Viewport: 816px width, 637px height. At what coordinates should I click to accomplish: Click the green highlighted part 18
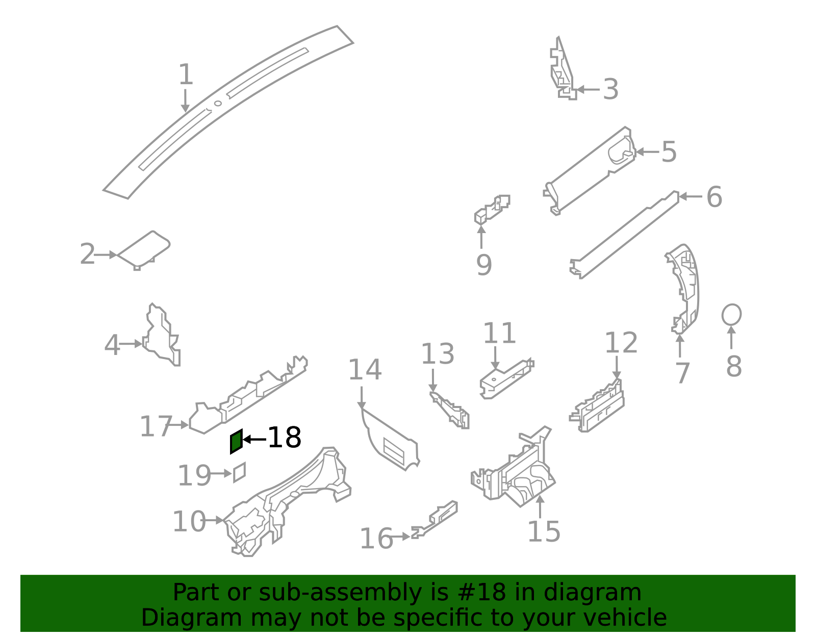pos(236,442)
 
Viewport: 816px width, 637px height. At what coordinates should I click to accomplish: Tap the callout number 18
pos(284,438)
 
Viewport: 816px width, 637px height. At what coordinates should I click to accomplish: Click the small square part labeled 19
pos(239,472)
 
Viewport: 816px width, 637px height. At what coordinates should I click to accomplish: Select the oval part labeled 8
pos(731,315)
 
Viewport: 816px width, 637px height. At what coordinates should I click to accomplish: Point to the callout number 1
pos(186,74)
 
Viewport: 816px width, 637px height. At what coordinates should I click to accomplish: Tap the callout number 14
pos(365,370)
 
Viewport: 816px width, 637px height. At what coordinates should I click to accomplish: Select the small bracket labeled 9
pos(492,210)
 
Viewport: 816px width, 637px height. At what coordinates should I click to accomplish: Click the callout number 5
pos(669,152)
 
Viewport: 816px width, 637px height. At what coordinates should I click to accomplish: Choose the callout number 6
pos(714,197)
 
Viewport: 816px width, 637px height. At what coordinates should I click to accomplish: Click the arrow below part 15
pos(540,507)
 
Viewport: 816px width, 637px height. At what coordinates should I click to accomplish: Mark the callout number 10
pos(189,521)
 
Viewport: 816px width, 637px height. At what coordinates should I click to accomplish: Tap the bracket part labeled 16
pos(435,520)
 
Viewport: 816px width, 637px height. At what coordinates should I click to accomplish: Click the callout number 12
pos(621,343)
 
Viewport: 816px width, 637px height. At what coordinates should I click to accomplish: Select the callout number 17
pos(156,426)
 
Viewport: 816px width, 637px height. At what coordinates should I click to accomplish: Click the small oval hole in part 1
pos(218,103)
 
